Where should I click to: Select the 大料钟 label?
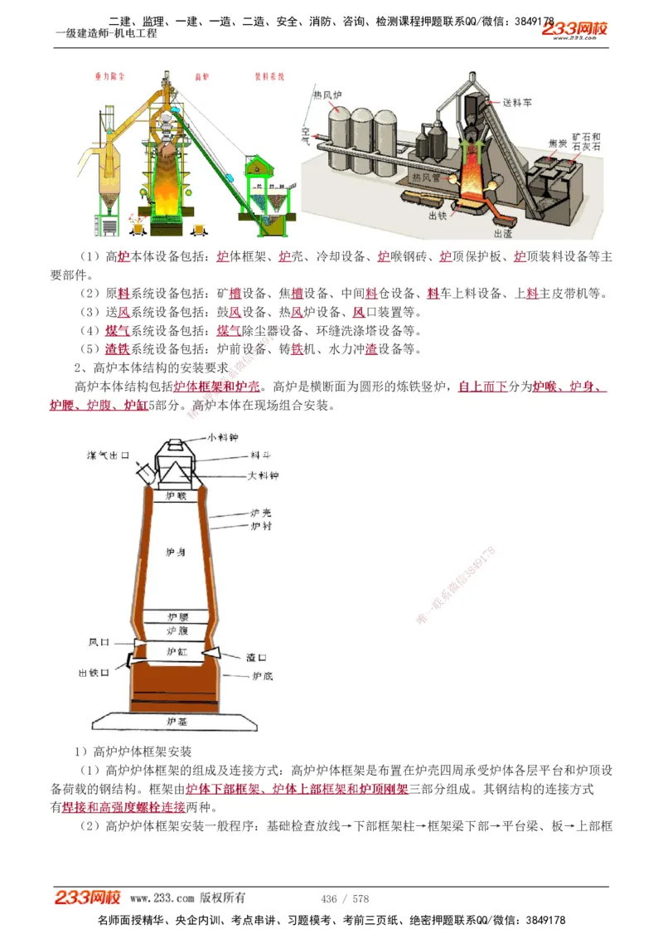coord(264,476)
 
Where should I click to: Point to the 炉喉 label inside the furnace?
coord(177,496)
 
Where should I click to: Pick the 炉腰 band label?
coord(177,617)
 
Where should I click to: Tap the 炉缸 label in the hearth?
coord(177,652)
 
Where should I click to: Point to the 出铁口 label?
coord(93,673)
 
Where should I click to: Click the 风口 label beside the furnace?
coord(99,642)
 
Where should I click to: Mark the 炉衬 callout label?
coord(260,526)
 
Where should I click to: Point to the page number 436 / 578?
coord(345,898)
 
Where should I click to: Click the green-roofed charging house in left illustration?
coord(264,168)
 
